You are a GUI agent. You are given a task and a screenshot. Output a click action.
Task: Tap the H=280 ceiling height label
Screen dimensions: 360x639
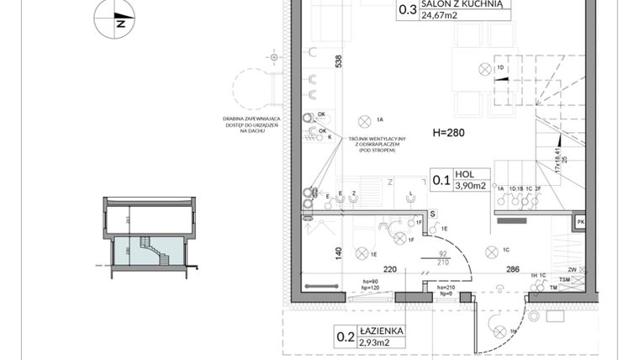coord(449,132)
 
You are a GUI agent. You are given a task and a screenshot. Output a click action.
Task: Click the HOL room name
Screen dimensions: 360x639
coord(464,174)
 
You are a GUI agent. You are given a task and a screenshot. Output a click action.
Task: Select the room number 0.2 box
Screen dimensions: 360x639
coord(345,338)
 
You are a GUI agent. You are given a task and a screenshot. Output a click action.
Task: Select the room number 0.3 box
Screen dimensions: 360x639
coord(407,10)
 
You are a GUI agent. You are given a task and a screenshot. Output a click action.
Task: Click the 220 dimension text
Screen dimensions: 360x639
coord(390,271)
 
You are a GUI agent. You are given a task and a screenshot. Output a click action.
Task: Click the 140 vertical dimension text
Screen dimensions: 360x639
coord(338,252)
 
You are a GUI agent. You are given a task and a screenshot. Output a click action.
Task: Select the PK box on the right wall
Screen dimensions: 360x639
coord(579,222)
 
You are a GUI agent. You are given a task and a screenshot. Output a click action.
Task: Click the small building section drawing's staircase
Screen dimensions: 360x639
coord(145,249)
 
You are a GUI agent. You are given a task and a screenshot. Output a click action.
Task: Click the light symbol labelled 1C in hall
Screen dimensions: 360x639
coord(491,251)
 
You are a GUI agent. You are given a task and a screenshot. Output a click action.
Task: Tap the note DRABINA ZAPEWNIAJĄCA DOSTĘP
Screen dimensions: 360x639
coord(251,124)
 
